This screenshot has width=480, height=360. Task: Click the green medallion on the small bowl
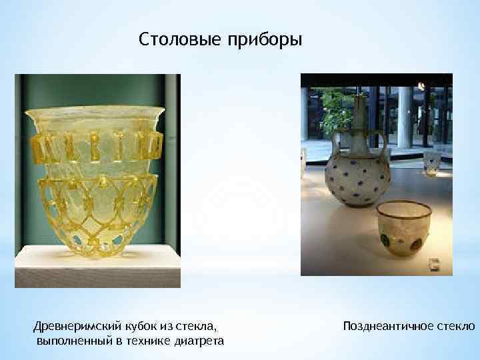click(385, 241)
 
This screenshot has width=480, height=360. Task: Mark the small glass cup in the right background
click(433, 162)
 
